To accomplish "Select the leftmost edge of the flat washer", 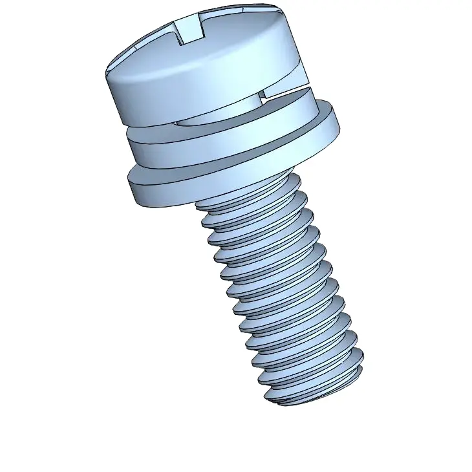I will [x=129, y=184].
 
